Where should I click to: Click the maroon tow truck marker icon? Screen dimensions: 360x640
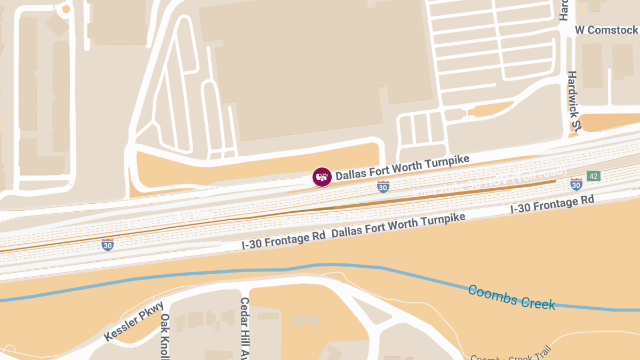tap(322, 177)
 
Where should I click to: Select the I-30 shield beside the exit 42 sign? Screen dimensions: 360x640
tap(576, 185)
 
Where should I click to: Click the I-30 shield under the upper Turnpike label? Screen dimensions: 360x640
tap(383, 186)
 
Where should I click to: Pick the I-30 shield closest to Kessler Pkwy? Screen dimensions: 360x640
tap(108, 245)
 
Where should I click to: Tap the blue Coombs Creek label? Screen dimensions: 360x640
tap(511, 298)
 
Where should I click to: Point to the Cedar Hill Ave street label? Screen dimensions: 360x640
tap(245, 327)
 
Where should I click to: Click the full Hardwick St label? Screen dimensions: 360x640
tap(574, 101)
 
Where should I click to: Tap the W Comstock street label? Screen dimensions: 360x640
tap(606, 30)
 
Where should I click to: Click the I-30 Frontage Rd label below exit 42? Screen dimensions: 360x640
tap(552, 205)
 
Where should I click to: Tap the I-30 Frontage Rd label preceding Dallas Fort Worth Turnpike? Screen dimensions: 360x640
tap(283, 241)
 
